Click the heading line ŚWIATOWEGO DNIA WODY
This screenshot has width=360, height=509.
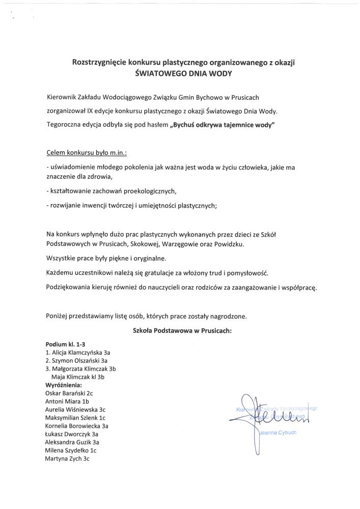181,73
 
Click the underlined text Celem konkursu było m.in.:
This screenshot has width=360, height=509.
79,152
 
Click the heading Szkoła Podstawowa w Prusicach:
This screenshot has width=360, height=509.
182,330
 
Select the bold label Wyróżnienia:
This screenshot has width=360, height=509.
64,385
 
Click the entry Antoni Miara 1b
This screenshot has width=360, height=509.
67,401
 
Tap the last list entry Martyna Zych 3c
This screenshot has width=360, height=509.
67,459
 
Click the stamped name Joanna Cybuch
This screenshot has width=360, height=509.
278,433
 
